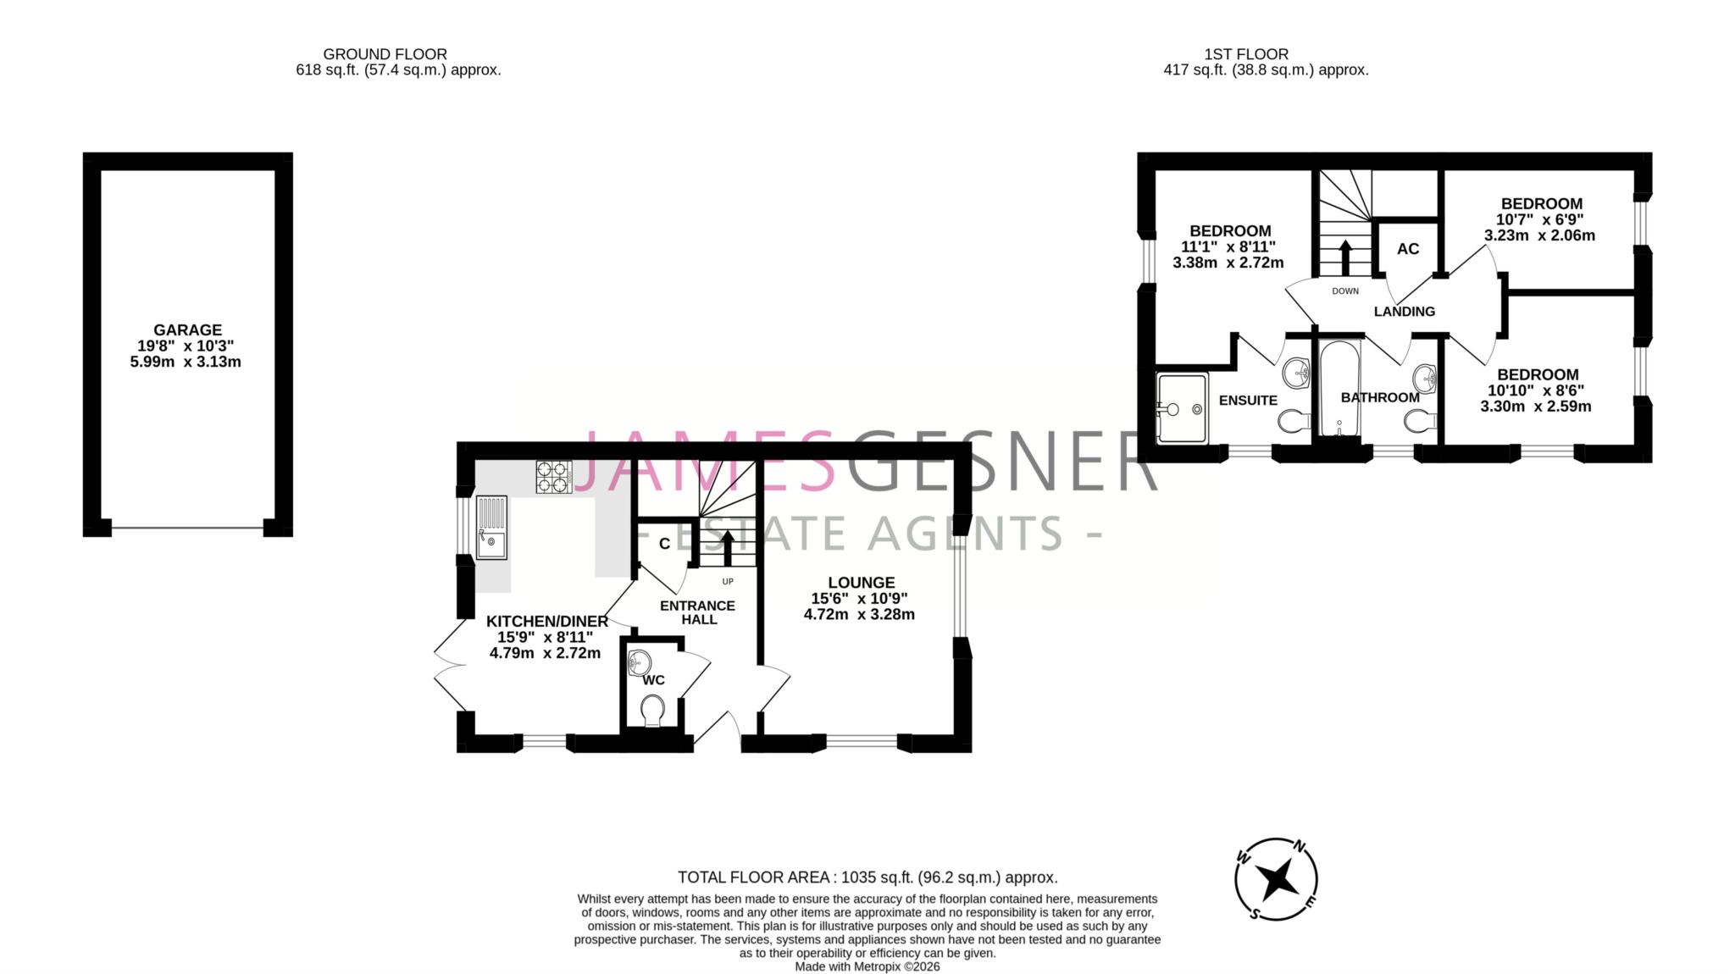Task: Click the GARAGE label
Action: (187, 329)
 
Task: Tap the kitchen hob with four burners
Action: (554, 477)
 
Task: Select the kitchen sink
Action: (491, 527)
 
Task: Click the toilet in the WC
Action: (652, 710)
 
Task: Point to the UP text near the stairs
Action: (727, 581)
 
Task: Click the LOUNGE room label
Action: (861, 583)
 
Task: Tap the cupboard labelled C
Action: (664, 544)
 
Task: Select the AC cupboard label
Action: (1407, 249)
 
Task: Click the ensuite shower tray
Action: (1181, 409)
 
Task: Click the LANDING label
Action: (1404, 312)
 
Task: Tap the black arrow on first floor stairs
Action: (1344, 257)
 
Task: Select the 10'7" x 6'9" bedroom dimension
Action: (1539, 219)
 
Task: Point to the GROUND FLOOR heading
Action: (385, 54)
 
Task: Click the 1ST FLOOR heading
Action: (1245, 54)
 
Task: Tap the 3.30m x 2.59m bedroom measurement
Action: (1535, 407)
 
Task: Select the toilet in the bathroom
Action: (1418, 419)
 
